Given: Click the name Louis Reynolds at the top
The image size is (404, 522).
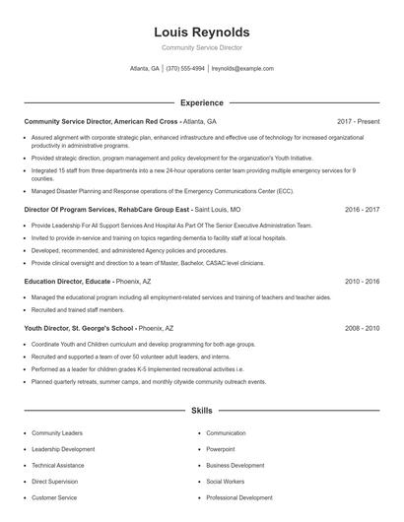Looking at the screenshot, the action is click(202, 32).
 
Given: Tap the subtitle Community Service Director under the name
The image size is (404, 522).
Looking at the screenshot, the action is click(202, 47).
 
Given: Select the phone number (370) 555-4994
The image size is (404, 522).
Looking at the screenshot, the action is click(185, 69).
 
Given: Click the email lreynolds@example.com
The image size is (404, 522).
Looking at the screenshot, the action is click(243, 69).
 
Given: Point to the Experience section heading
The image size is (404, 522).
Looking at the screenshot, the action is click(201, 102).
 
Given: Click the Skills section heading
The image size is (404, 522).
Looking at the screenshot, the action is click(201, 409).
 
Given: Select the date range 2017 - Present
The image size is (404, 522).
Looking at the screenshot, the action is click(358, 121).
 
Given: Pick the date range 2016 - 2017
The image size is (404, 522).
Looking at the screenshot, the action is click(362, 210).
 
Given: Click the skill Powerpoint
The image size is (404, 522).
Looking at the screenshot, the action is click(222, 449).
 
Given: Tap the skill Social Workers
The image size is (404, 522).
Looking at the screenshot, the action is click(226, 482).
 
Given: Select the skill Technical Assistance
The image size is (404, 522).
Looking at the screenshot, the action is click(57, 465).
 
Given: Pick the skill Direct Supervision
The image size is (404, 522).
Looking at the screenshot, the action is click(55, 482).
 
